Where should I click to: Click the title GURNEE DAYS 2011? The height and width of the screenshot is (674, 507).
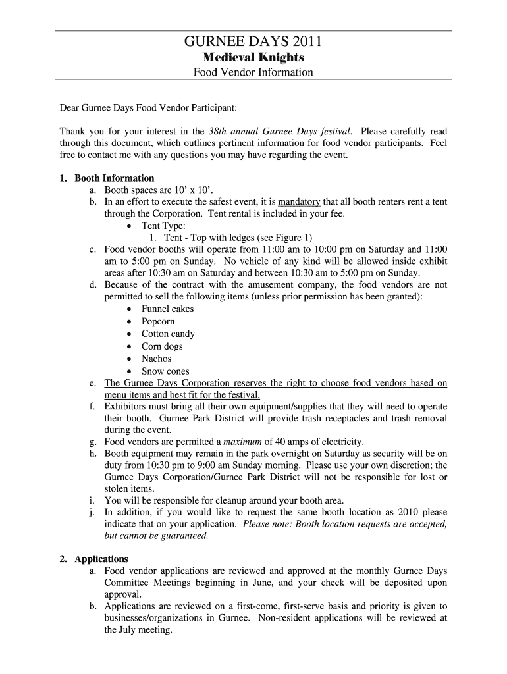(253, 43)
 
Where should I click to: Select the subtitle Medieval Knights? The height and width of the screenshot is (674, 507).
(253, 58)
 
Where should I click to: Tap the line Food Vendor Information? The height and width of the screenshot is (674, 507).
(253, 72)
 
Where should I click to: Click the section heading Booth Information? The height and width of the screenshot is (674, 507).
(114, 178)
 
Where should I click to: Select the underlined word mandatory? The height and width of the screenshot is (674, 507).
(299, 202)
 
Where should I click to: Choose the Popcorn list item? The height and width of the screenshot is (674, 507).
(158, 321)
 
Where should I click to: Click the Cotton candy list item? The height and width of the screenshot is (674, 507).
(168, 334)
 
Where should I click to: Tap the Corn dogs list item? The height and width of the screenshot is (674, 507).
(162, 346)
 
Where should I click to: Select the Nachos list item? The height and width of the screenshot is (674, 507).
(156, 359)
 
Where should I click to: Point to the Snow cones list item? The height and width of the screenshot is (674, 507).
(165, 371)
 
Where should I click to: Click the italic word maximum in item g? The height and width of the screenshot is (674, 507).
(244, 441)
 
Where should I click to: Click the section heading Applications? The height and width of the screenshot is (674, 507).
(101, 559)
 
